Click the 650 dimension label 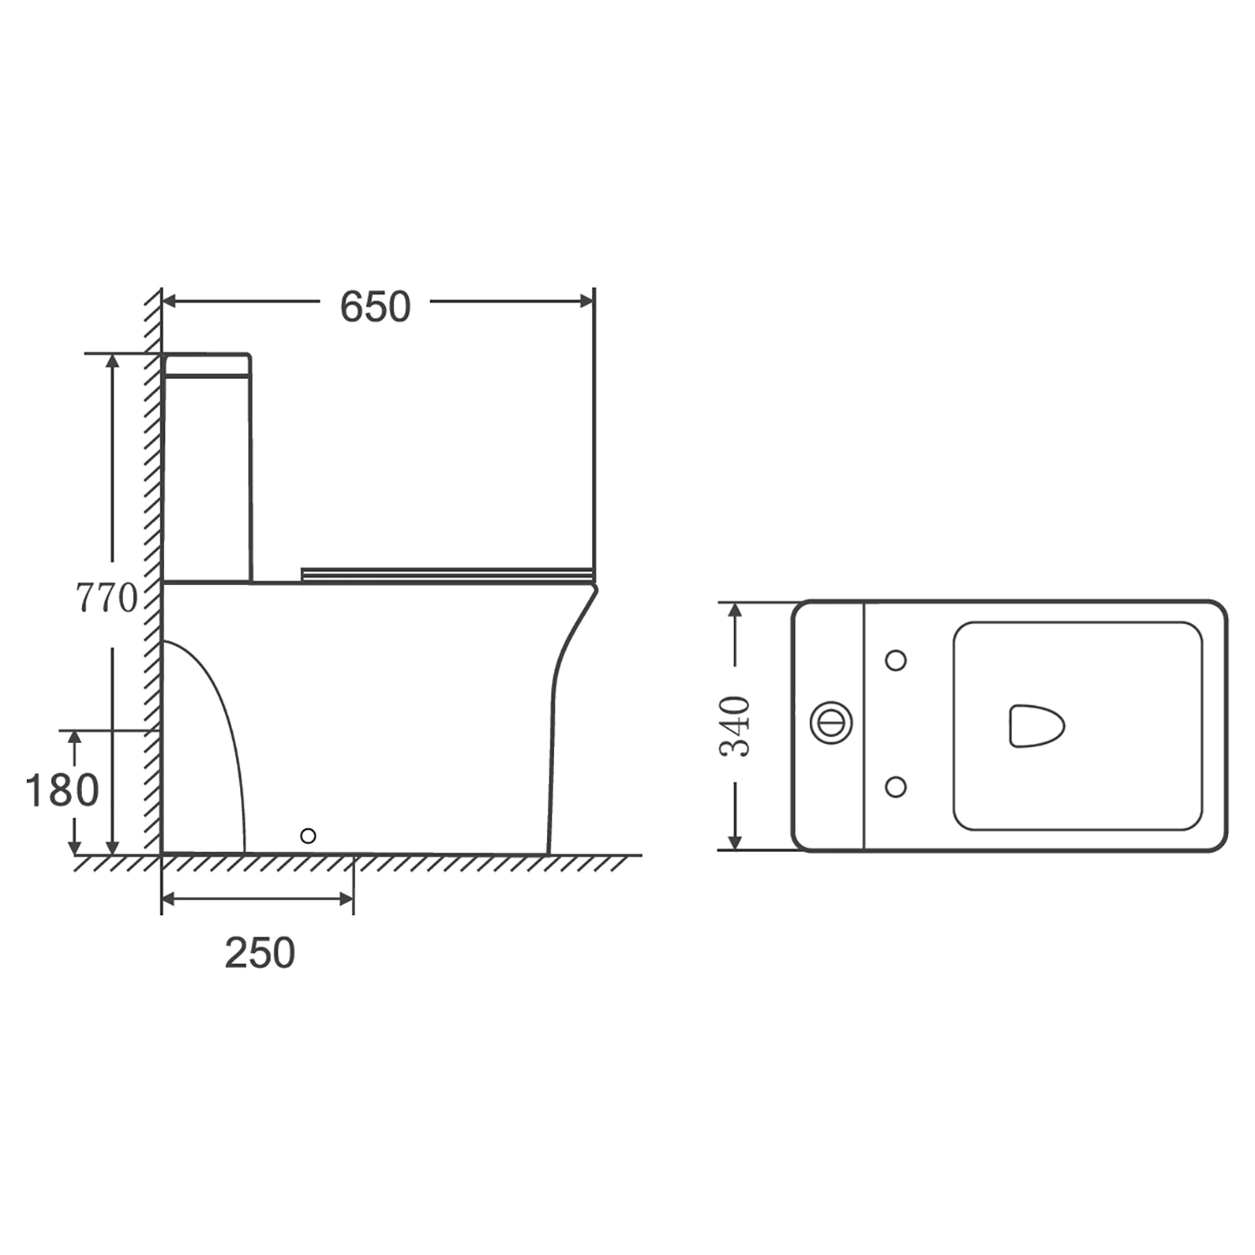coord(375,307)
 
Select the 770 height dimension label coord(106,598)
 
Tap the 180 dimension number coord(62,791)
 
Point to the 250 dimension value coord(259,953)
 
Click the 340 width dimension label coord(735,725)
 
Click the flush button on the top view coord(832,721)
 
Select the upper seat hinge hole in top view coord(895,660)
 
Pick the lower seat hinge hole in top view coord(895,786)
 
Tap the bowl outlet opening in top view coord(1036,725)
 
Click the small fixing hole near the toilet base coord(308,835)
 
